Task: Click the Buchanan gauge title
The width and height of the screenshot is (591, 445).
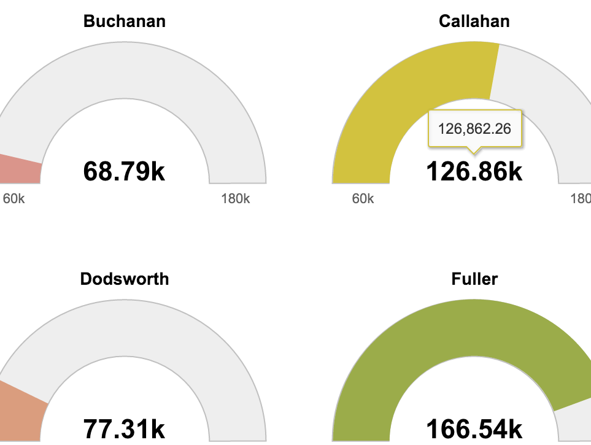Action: click(125, 21)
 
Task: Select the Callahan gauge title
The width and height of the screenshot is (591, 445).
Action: click(474, 21)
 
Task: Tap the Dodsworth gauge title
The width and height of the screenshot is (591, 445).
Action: click(125, 279)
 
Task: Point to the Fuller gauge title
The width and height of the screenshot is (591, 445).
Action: click(474, 279)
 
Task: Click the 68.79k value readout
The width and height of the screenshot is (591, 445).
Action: click(125, 171)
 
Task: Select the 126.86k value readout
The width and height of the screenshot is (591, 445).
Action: click(474, 171)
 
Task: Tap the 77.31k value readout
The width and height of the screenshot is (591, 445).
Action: click(125, 429)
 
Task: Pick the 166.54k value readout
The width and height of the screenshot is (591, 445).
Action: click(474, 429)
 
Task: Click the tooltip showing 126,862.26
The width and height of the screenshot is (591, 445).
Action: click(474, 128)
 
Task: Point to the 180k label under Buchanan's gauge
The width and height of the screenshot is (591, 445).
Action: click(236, 199)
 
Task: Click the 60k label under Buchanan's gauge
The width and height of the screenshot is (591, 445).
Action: click(14, 199)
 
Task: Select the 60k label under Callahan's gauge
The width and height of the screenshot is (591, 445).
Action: click(363, 199)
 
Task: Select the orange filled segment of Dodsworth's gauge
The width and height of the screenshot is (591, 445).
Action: click(21, 411)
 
